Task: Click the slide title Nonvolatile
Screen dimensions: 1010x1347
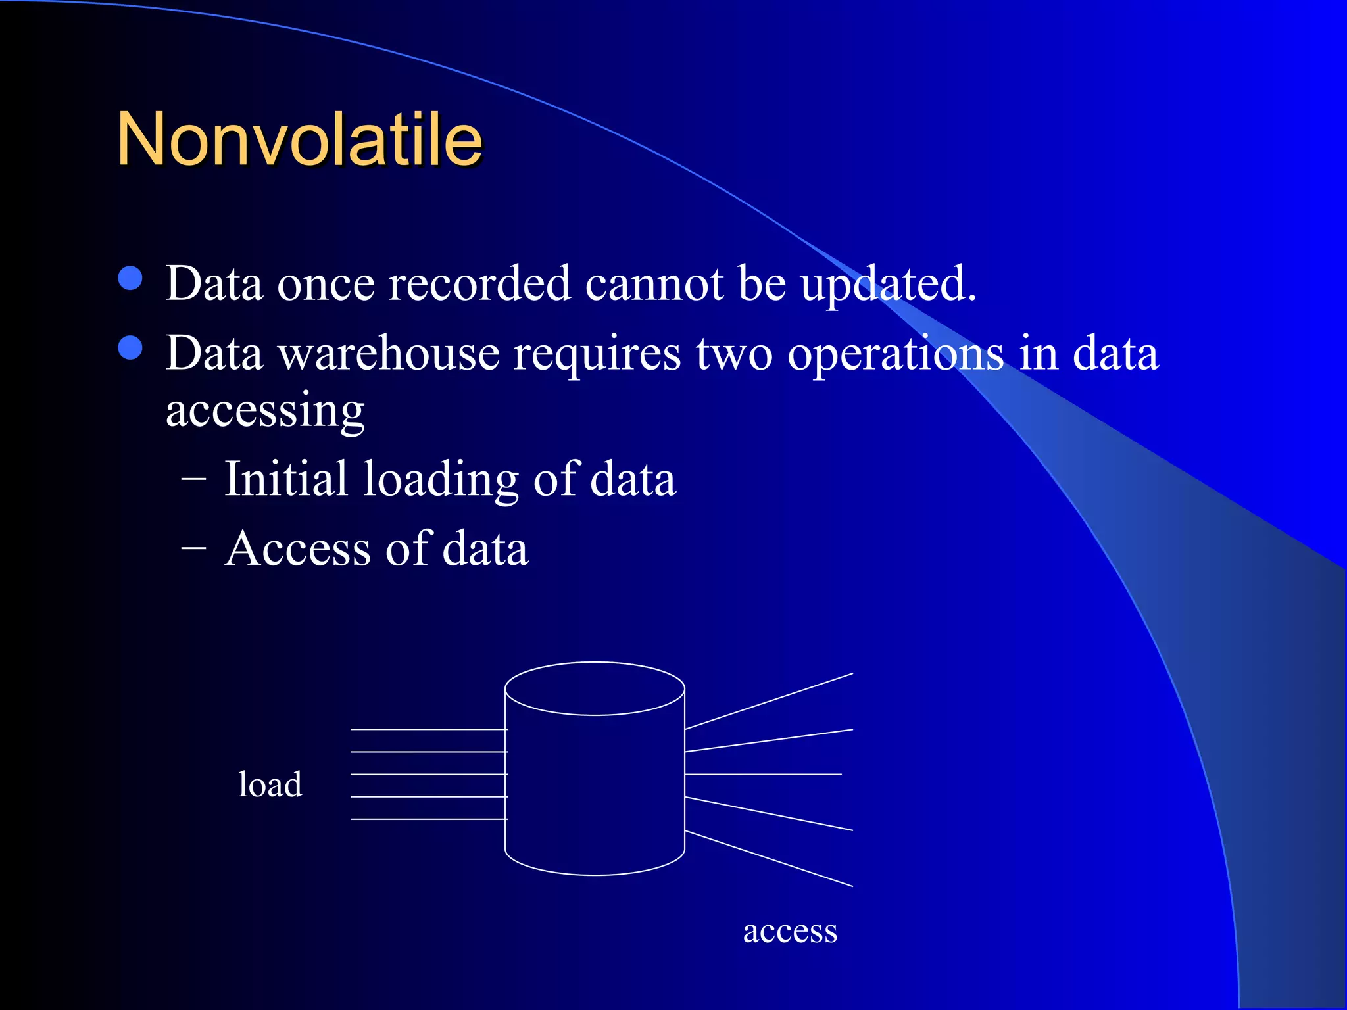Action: click(299, 139)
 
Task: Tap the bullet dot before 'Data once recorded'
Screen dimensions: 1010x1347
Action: click(131, 278)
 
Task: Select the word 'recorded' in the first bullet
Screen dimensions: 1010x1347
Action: click(479, 284)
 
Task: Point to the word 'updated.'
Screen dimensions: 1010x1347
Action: click(888, 284)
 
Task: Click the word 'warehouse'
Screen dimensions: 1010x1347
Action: click(387, 354)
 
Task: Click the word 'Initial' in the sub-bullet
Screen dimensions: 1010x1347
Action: click(285, 479)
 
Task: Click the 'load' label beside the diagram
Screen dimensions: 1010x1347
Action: click(270, 784)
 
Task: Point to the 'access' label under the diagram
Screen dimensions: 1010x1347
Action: click(790, 932)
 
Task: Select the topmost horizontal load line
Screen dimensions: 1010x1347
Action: click(428, 729)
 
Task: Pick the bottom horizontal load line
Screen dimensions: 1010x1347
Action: click(428, 819)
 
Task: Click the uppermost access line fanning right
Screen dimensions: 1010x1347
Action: click(769, 701)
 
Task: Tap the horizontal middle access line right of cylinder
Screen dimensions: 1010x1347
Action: click(763, 774)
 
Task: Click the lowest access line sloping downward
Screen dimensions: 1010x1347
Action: click(769, 859)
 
